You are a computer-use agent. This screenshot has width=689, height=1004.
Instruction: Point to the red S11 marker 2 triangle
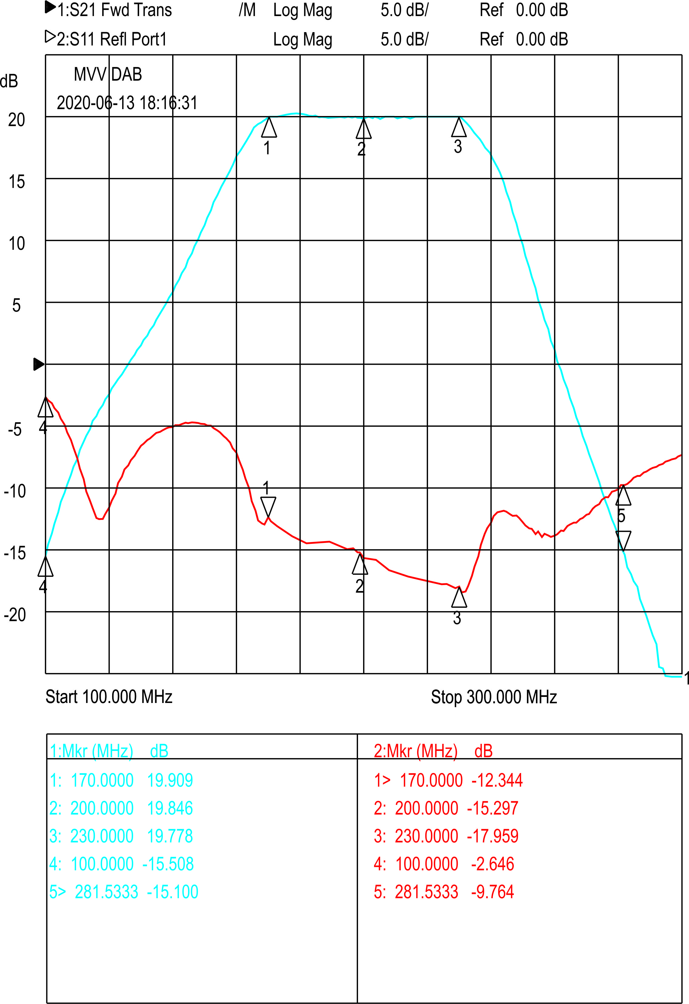pyautogui.click(x=360, y=564)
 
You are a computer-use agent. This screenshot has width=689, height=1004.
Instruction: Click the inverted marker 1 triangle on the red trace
pyautogui.click(x=268, y=507)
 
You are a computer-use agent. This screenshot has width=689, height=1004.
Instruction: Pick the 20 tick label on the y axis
pyautogui.click(x=16, y=120)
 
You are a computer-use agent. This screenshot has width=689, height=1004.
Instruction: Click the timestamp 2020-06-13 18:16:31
pyautogui.click(x=127, y=103)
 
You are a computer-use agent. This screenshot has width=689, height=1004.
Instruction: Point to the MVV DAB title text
pyautogui.click(x=108, y=74)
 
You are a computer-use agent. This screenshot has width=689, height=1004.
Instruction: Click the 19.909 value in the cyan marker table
pyautogui.click(x=170, y=781)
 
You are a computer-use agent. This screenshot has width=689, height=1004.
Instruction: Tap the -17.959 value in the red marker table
pyautogui.click(x=493, y=836)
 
